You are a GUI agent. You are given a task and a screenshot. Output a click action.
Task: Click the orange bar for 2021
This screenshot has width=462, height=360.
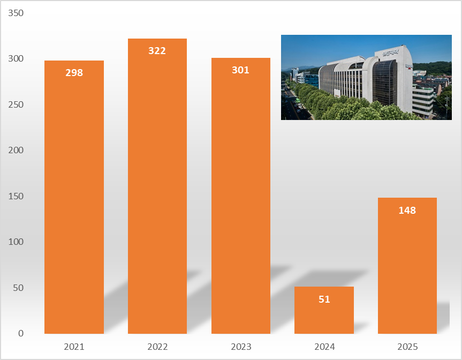tap(74, 204)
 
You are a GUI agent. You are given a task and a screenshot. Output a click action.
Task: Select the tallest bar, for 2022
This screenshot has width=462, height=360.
tap(157, 193)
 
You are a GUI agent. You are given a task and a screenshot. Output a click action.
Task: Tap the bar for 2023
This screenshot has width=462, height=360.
tap(240, 204)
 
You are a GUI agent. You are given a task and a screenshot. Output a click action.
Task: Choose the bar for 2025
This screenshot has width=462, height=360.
tap(407, 268)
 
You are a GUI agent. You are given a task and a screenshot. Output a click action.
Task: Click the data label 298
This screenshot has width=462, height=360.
tap(74, 73)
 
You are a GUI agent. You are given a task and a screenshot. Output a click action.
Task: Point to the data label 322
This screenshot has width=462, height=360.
tap(157, 51)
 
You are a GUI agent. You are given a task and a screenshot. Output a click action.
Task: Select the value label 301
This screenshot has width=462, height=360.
tap(240, 70)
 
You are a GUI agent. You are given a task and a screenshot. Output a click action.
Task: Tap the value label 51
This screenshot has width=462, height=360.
tap(324, 299)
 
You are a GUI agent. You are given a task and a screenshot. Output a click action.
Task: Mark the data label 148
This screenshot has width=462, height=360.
tap(407, 211)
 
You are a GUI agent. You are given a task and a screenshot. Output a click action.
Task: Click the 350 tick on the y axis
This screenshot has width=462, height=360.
tap(17, 13)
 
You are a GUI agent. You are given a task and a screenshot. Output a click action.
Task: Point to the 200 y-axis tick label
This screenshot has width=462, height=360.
tap(17, 151)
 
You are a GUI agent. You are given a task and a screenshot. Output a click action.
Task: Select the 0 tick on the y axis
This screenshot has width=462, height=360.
tap(21, 333)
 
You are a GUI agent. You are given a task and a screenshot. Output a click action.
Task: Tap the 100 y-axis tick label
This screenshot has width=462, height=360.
tap(17, 242)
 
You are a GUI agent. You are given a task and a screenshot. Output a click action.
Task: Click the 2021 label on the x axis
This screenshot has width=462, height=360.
tap(74, 347)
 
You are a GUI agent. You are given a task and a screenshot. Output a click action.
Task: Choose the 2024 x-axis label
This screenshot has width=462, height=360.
tap(324, 347)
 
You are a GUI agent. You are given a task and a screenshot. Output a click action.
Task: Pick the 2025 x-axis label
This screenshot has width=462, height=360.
tap(407, 347)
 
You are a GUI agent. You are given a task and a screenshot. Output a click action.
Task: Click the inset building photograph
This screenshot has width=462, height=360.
tap(366, 77)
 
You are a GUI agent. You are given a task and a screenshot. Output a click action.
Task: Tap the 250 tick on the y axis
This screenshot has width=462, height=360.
tap(17, 104)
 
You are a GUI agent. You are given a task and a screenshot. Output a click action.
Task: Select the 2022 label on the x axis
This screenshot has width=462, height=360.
tap(157, 347)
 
